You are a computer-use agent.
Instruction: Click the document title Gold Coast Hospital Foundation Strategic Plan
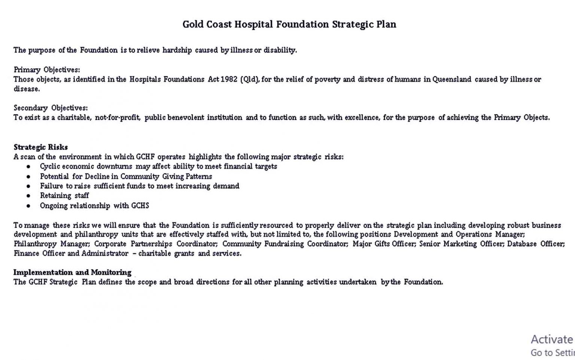click(x=289, y=24)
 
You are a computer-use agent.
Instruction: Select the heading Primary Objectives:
click(x=47, y=70)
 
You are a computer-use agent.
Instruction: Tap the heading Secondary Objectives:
click(x=51, y=108)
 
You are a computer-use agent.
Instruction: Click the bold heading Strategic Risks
click(x=41, y=147)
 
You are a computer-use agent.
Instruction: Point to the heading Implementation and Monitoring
click(x=73, y=272)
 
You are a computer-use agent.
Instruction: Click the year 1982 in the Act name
click(x=229, y=79)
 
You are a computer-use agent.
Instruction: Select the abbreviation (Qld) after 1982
click(x=250, y=79)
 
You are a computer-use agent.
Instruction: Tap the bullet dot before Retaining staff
click(x=28, y=196)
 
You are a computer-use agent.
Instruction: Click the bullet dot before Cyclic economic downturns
click(x=28, y=167)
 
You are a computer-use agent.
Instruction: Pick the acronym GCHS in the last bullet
click(x=140, y=205)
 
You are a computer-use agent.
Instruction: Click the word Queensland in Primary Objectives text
click(x=451, y=79)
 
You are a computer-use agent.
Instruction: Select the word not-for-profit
click(x=118, y=118)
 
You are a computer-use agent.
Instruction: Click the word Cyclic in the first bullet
click(x=50, y=167)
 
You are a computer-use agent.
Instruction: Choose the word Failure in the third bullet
click(x=51, y=186)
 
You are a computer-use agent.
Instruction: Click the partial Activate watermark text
click(x=552, y=339)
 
